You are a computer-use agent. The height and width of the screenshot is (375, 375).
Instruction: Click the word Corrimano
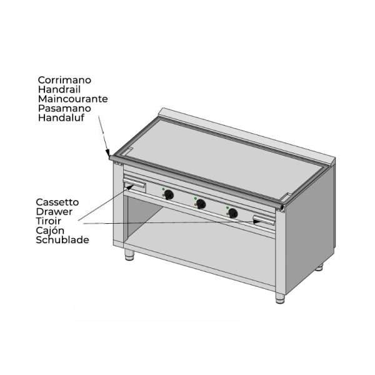coord(64,80)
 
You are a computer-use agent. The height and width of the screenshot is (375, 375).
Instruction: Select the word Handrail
coord(59,89)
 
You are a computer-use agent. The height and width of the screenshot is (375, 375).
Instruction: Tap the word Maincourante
coord(72,99)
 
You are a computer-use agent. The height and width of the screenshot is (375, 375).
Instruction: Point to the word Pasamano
coord(64,108)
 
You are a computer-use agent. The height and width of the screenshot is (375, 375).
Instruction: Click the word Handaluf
coord(61,117)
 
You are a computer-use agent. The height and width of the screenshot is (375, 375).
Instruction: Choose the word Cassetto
coord(57,202)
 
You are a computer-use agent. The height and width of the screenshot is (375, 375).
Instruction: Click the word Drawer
coord(54,212)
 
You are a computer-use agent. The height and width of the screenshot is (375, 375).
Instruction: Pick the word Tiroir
coord(48,221)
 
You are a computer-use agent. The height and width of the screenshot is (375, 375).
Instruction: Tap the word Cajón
coord(50,231)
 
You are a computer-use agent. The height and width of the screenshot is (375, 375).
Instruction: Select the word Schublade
coord(62,240)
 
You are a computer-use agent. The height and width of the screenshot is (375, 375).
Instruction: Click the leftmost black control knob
coord(169,194)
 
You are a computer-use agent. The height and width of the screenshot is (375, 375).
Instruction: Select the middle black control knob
coord(201,204)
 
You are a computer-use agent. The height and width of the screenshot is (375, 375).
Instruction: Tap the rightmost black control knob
coord(232,213)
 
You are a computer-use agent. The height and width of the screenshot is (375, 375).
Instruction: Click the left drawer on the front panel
coord(134,186)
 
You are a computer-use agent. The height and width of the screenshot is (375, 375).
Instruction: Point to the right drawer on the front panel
coord(264,220)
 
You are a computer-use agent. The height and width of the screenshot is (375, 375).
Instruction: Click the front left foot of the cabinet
coord(129,255)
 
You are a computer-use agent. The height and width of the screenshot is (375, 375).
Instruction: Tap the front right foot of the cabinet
coord(280,298)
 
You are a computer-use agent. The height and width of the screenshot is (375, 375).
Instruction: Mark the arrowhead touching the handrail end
coord(107,152)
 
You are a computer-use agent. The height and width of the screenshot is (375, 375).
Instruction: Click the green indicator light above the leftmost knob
coord(163,189)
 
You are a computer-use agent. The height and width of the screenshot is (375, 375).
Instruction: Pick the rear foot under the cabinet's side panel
coord(319,267)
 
